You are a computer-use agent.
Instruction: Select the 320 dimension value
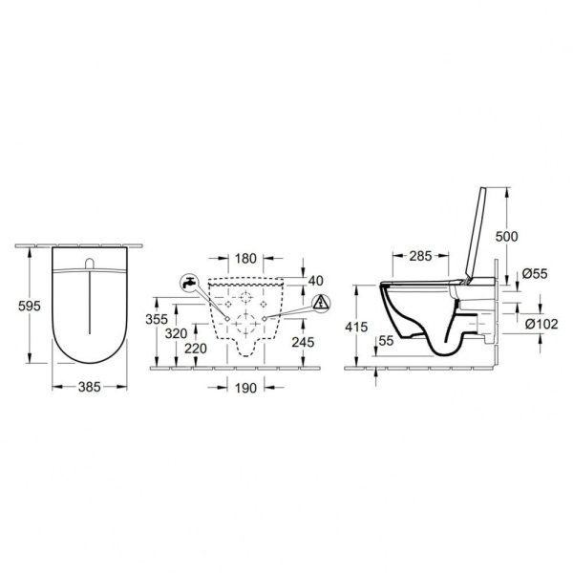(x=176, y=333)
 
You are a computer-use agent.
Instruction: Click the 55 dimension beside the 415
(x=386, y=339)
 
